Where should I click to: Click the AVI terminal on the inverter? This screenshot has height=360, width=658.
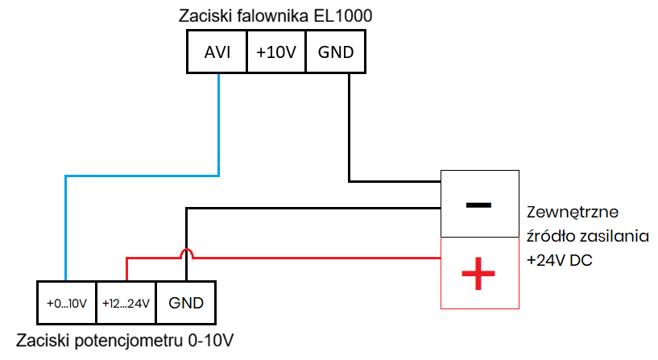tap(217, 52)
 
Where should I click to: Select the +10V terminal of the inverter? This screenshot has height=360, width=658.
tap(276, 52)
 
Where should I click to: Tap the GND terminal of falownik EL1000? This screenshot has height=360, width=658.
tap(336, 52)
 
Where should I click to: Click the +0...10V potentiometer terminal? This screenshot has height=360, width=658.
tap(66, 304)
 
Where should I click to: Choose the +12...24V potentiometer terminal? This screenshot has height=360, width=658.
tap(126, 304)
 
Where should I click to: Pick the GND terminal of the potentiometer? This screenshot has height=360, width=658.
tap(186, 304)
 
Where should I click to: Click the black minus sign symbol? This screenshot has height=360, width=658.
tap(478, 204)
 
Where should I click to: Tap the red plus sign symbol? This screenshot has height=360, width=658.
tap(478, 274)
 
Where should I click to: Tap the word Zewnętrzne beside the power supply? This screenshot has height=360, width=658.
tap(572, 213)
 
